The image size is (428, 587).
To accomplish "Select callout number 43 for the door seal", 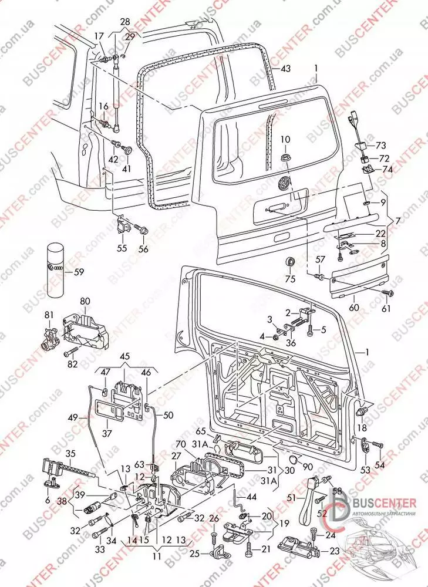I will click(285, 69).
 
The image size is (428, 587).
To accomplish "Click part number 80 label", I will click(86, 302).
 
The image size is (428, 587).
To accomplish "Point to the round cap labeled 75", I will click(291, 262).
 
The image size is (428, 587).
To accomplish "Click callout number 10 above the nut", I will click(285, 139).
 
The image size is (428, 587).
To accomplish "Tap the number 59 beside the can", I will click(77, 272).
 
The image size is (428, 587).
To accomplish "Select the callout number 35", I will click(70, 453).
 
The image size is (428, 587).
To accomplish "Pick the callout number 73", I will click(382, 145).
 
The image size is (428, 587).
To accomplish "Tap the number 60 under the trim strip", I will click(353, 306).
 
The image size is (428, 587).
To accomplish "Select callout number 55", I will click(122, 248).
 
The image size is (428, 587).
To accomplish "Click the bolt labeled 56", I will click(141, 229).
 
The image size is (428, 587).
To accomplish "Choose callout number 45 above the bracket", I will click(125, 356).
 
